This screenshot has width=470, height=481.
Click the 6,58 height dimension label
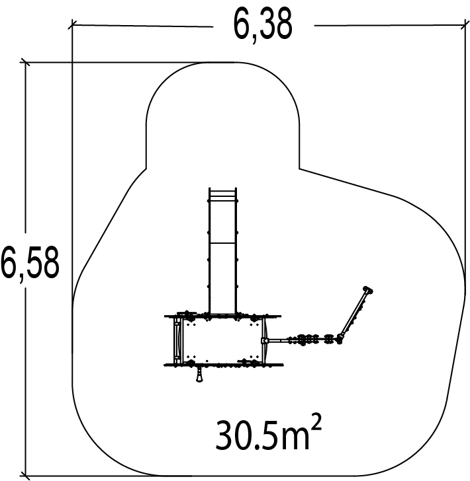click(x=30, y=264)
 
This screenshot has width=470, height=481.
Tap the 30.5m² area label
click(x=268, y=433)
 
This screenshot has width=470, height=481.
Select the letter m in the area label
click(x=295, y=439)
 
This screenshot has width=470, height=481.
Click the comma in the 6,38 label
click(x=254, y=40)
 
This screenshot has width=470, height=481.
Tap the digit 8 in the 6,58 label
click(x=49, y=263)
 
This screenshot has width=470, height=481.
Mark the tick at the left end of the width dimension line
click(x=72, y=24)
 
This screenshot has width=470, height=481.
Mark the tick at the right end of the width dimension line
click(x=465, y=24)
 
